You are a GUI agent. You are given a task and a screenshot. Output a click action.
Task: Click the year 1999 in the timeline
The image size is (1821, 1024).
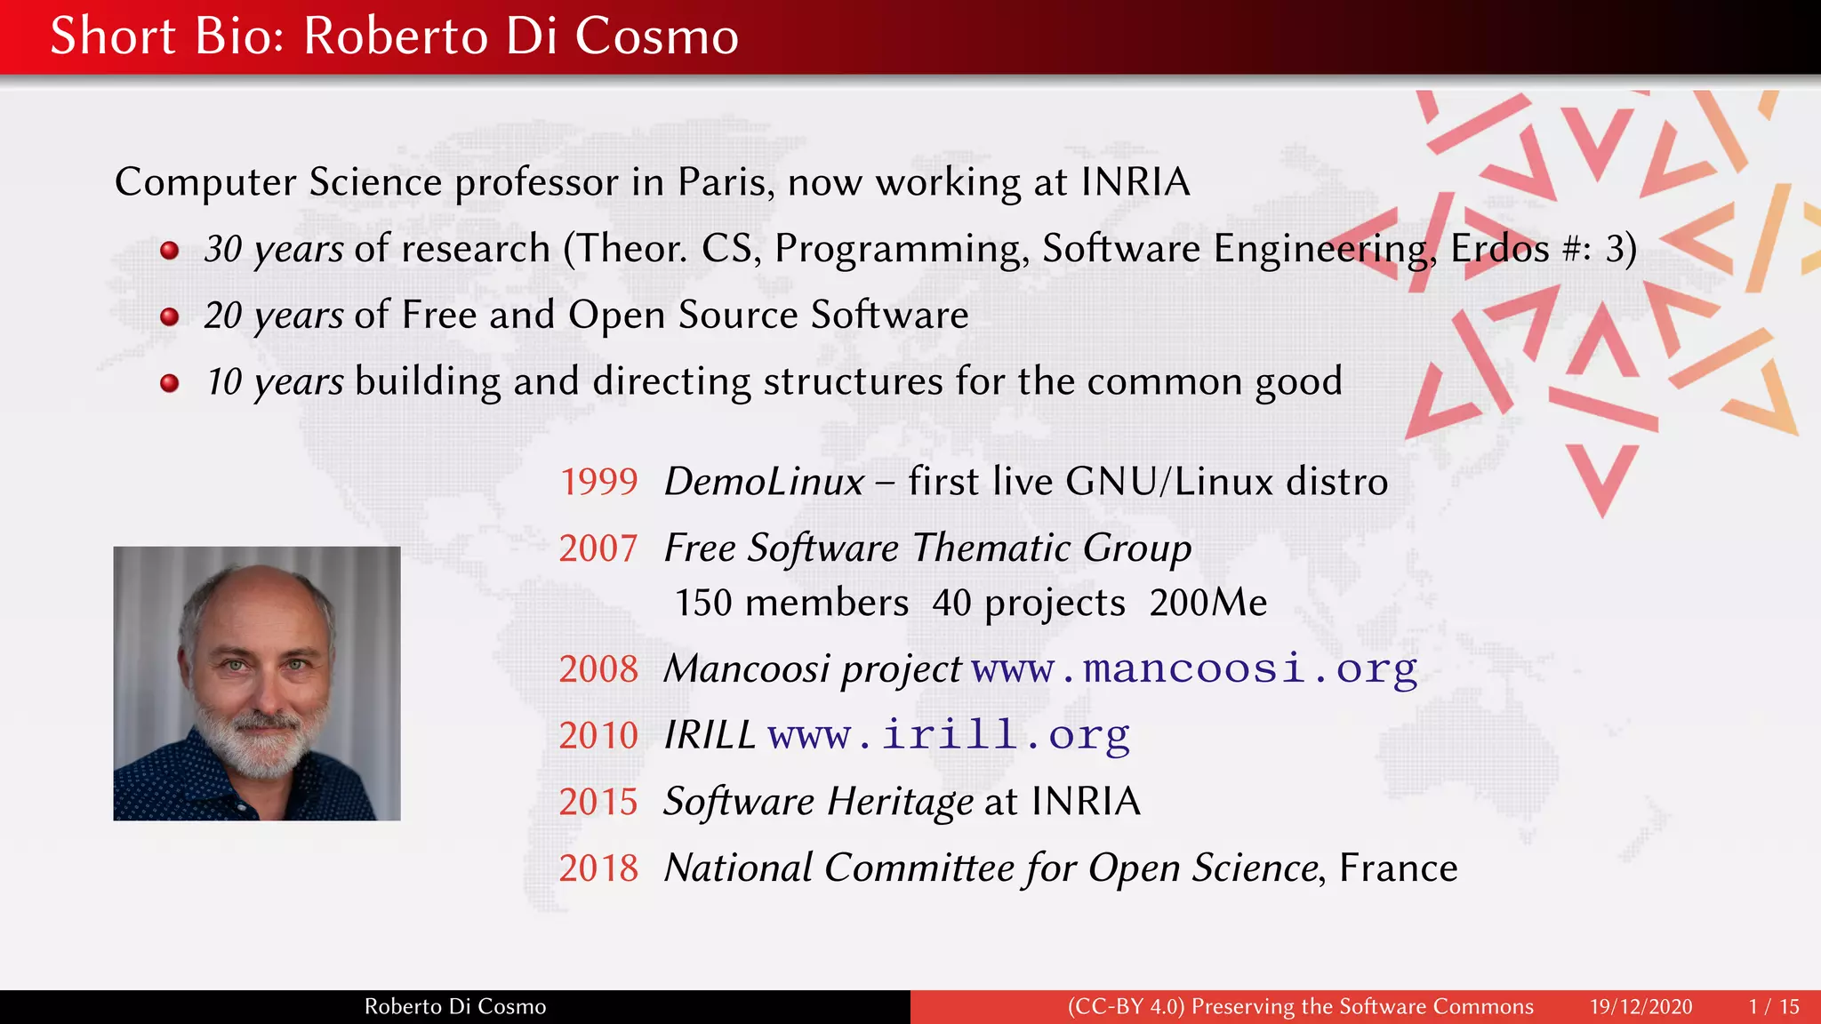pos(598,482)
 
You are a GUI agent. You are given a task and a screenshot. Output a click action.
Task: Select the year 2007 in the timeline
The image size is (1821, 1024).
pos(598,548)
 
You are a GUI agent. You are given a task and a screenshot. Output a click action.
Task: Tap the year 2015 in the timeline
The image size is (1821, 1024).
pos(598,802)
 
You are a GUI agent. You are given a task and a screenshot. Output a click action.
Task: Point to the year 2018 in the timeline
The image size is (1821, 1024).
pos(598,868)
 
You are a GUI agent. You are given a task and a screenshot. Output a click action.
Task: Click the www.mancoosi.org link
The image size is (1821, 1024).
pos(1194,668)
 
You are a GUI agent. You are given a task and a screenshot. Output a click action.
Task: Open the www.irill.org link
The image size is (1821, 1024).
pos(949,735)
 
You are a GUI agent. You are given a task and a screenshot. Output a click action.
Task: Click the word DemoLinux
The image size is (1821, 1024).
pos(764,482)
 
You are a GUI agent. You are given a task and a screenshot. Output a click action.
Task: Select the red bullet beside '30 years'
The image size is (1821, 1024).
pos(169,251)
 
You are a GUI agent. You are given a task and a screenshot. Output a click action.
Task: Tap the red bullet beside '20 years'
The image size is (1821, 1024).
pos(169,316)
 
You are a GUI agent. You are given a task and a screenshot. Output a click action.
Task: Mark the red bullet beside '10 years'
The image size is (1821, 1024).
pos(169,383)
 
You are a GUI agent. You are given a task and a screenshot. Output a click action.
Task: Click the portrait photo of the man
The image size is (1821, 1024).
pos(257,683)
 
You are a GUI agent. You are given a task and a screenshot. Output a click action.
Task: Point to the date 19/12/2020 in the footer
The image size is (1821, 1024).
pos(1641,1006)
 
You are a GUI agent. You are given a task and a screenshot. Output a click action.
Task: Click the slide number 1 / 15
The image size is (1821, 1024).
pos(1773,1006)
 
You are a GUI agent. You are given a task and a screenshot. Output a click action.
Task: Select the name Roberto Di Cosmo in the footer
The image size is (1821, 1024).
pos(455,1006)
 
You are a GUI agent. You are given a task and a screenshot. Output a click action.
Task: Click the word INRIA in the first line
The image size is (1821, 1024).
pos(1135,182)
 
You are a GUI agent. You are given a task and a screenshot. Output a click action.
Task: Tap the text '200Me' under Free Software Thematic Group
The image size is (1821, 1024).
pos(1207,603)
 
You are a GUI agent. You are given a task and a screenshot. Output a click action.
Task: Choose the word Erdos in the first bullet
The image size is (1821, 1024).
pos(1500,249)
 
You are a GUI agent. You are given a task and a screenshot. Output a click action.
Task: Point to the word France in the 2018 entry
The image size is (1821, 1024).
pos(1398,868)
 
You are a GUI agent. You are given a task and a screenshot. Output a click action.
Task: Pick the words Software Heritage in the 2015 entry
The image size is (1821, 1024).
pos(818,802)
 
